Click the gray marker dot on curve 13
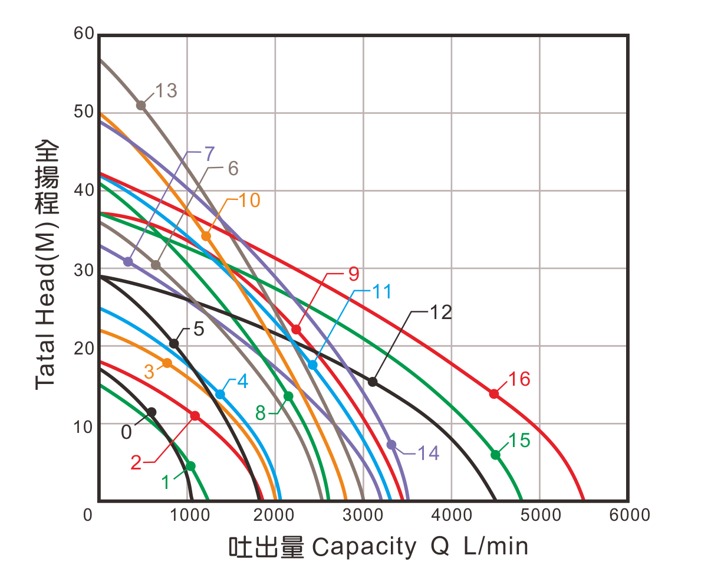point(141,105)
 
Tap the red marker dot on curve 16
point(494,393)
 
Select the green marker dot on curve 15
point(496,455)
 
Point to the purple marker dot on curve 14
point(391,444)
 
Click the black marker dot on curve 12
point(373,382)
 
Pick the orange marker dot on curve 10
point(206,236)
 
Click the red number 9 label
point(353,274)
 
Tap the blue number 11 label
point(382,291)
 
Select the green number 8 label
point(260,413)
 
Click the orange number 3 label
point(149,372)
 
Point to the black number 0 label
point(127,432)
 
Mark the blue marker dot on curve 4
point(220,393)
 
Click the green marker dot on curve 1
point(190,466)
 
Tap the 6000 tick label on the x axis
point(629,515)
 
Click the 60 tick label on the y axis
point(84,34)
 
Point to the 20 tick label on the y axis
point(84,347)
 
